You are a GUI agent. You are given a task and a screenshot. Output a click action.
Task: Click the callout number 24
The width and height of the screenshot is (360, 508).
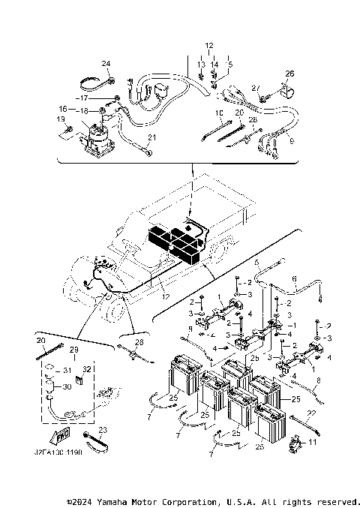point(106,63)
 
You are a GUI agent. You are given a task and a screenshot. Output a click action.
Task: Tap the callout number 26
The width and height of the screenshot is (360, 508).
point(290,74)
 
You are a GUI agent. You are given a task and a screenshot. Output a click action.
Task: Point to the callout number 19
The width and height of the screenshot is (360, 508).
point(61,119)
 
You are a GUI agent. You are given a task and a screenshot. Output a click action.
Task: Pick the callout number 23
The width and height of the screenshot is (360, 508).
point(103,430)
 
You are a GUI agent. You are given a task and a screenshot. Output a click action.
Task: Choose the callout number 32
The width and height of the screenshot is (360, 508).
point(87,369)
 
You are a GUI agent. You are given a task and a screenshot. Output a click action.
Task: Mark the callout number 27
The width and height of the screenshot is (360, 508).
point(254,88)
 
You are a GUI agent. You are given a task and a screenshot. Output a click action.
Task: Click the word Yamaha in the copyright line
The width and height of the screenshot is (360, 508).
point(111,500)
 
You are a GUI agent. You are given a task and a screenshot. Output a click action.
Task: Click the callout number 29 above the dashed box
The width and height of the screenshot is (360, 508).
point(73,351)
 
